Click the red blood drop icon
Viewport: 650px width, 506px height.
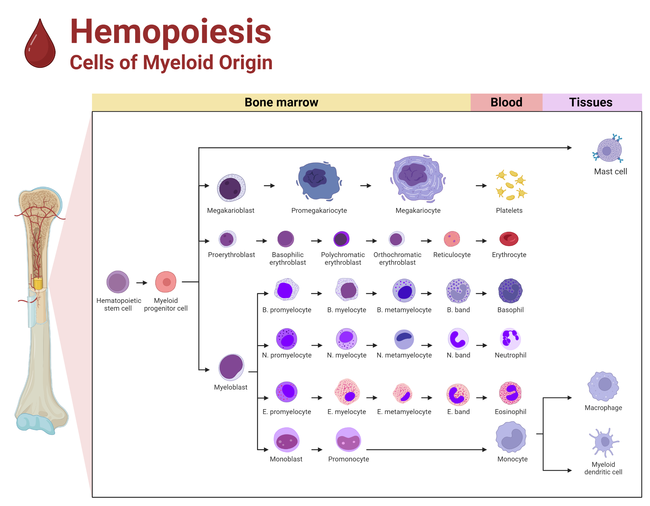[x=40, y=45]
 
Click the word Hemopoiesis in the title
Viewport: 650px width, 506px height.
[x=171, y=32]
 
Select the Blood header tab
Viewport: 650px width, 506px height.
[x=506, y=102]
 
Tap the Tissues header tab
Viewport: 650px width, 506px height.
[x=591, y=102]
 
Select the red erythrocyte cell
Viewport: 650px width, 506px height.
[x=509, y=239]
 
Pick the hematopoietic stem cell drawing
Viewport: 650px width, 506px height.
[x=118, y=282]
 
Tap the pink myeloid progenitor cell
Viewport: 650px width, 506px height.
[x=166, y=282]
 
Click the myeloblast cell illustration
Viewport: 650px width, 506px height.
[x=231, y=367]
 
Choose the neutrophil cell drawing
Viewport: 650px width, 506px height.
[x=510, y=339]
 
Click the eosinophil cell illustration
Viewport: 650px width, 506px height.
[x=510, y=393]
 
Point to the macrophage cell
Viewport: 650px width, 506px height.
[x=604, y=386]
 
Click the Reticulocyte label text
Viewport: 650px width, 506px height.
[x=452, y=255]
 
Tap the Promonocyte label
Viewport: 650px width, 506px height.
[x=348, y=459]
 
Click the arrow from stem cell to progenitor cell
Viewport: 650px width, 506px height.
[x=142, y=283]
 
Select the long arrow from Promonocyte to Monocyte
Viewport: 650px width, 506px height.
[x=426, y=450]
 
